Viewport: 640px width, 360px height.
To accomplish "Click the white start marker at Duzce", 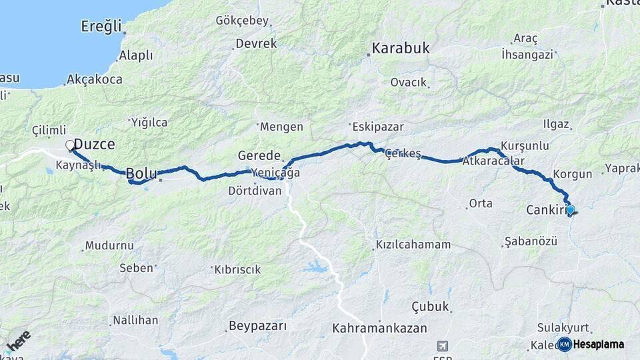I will point(69,144).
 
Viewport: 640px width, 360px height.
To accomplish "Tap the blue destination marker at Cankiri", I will point(569,209).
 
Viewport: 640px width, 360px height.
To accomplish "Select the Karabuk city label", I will point(401,48).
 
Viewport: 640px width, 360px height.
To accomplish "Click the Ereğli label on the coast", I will point(101,27).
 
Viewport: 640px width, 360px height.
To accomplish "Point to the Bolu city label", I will point(141,173).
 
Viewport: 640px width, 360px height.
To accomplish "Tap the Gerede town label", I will point(259,155).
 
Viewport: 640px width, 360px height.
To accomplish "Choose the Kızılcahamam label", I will point(413,244).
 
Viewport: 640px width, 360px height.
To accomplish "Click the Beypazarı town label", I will point(257,326).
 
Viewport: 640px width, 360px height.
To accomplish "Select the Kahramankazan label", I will point(379,328).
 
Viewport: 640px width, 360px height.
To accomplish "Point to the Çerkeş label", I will point(403,154).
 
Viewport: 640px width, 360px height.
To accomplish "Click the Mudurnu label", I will point(110,245).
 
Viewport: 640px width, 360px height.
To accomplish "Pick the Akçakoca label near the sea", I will point(94,79).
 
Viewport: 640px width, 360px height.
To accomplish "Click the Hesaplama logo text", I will point(597,344).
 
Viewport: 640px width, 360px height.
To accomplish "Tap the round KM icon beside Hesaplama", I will point(565,344).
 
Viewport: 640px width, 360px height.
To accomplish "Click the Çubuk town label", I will point(430,307).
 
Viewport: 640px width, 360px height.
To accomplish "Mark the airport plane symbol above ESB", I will point(442,345).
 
